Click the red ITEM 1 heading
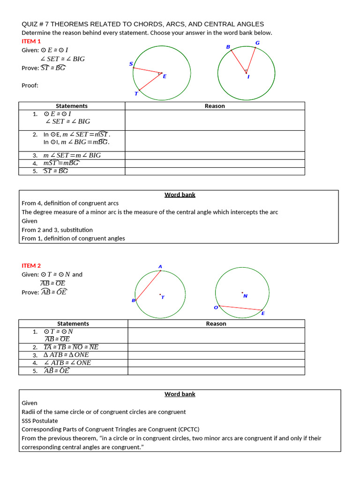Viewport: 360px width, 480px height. pyautogui.click(x=31, y=41)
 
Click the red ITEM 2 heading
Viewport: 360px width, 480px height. pyautogui.click(x=31, y=265)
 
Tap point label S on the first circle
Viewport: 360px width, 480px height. pyautogui.click(x=131, y=64)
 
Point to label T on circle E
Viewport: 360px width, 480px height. pyautogui.click(x=136, y=94)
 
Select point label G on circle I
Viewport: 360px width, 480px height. pyautogui.click(x=257, y=43)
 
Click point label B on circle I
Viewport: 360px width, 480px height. pyautogui.click(x=228, y=47)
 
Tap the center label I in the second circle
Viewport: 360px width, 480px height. pyautogui.click(x=248, y=77)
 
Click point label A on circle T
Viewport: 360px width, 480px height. pyautogui.click(x=160, y=267)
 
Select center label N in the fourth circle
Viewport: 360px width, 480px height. pyautogui.click(x=245, y=296)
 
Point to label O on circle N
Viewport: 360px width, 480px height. pyautogui.click(x=216, y=307)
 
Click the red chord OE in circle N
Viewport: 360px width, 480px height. pyautogui.click(x=240, y=308)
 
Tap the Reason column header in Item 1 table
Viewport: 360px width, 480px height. pyautogui.click(x=215, y=106)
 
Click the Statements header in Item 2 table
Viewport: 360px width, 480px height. pyautogui.click(x=73, y=323)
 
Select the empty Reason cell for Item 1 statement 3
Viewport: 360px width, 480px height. pyautogui.click(x=215, y=155)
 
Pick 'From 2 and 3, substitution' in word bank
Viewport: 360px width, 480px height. pyautogui.click(x=57, y=230)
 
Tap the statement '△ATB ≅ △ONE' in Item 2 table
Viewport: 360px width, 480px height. pyautogui.click(x=66, y=355)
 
